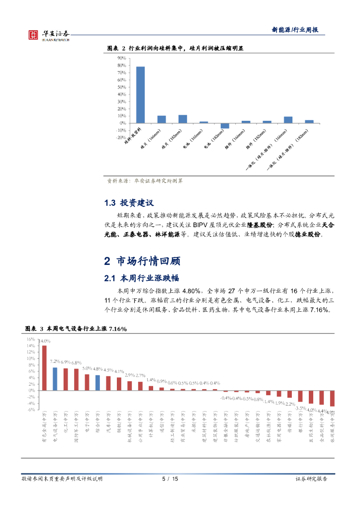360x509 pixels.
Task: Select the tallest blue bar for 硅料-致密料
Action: (x=141, y=94)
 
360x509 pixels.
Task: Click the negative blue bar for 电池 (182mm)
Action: (x=225, y=126)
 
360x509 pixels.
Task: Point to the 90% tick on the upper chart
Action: (x=121, y=58)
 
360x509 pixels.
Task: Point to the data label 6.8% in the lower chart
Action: (x=76, y=363)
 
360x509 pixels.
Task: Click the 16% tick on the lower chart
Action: (x=31, y=339)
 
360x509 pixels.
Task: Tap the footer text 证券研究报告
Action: (x=311, y=479)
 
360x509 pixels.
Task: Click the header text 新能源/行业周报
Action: (x=294, y=30)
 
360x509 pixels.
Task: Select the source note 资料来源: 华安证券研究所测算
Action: (x=145, y=181)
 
